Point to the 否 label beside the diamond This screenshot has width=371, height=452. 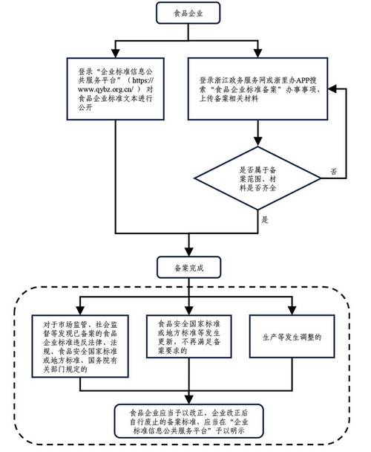[333, 171]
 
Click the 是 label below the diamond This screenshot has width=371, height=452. [264, 221]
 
